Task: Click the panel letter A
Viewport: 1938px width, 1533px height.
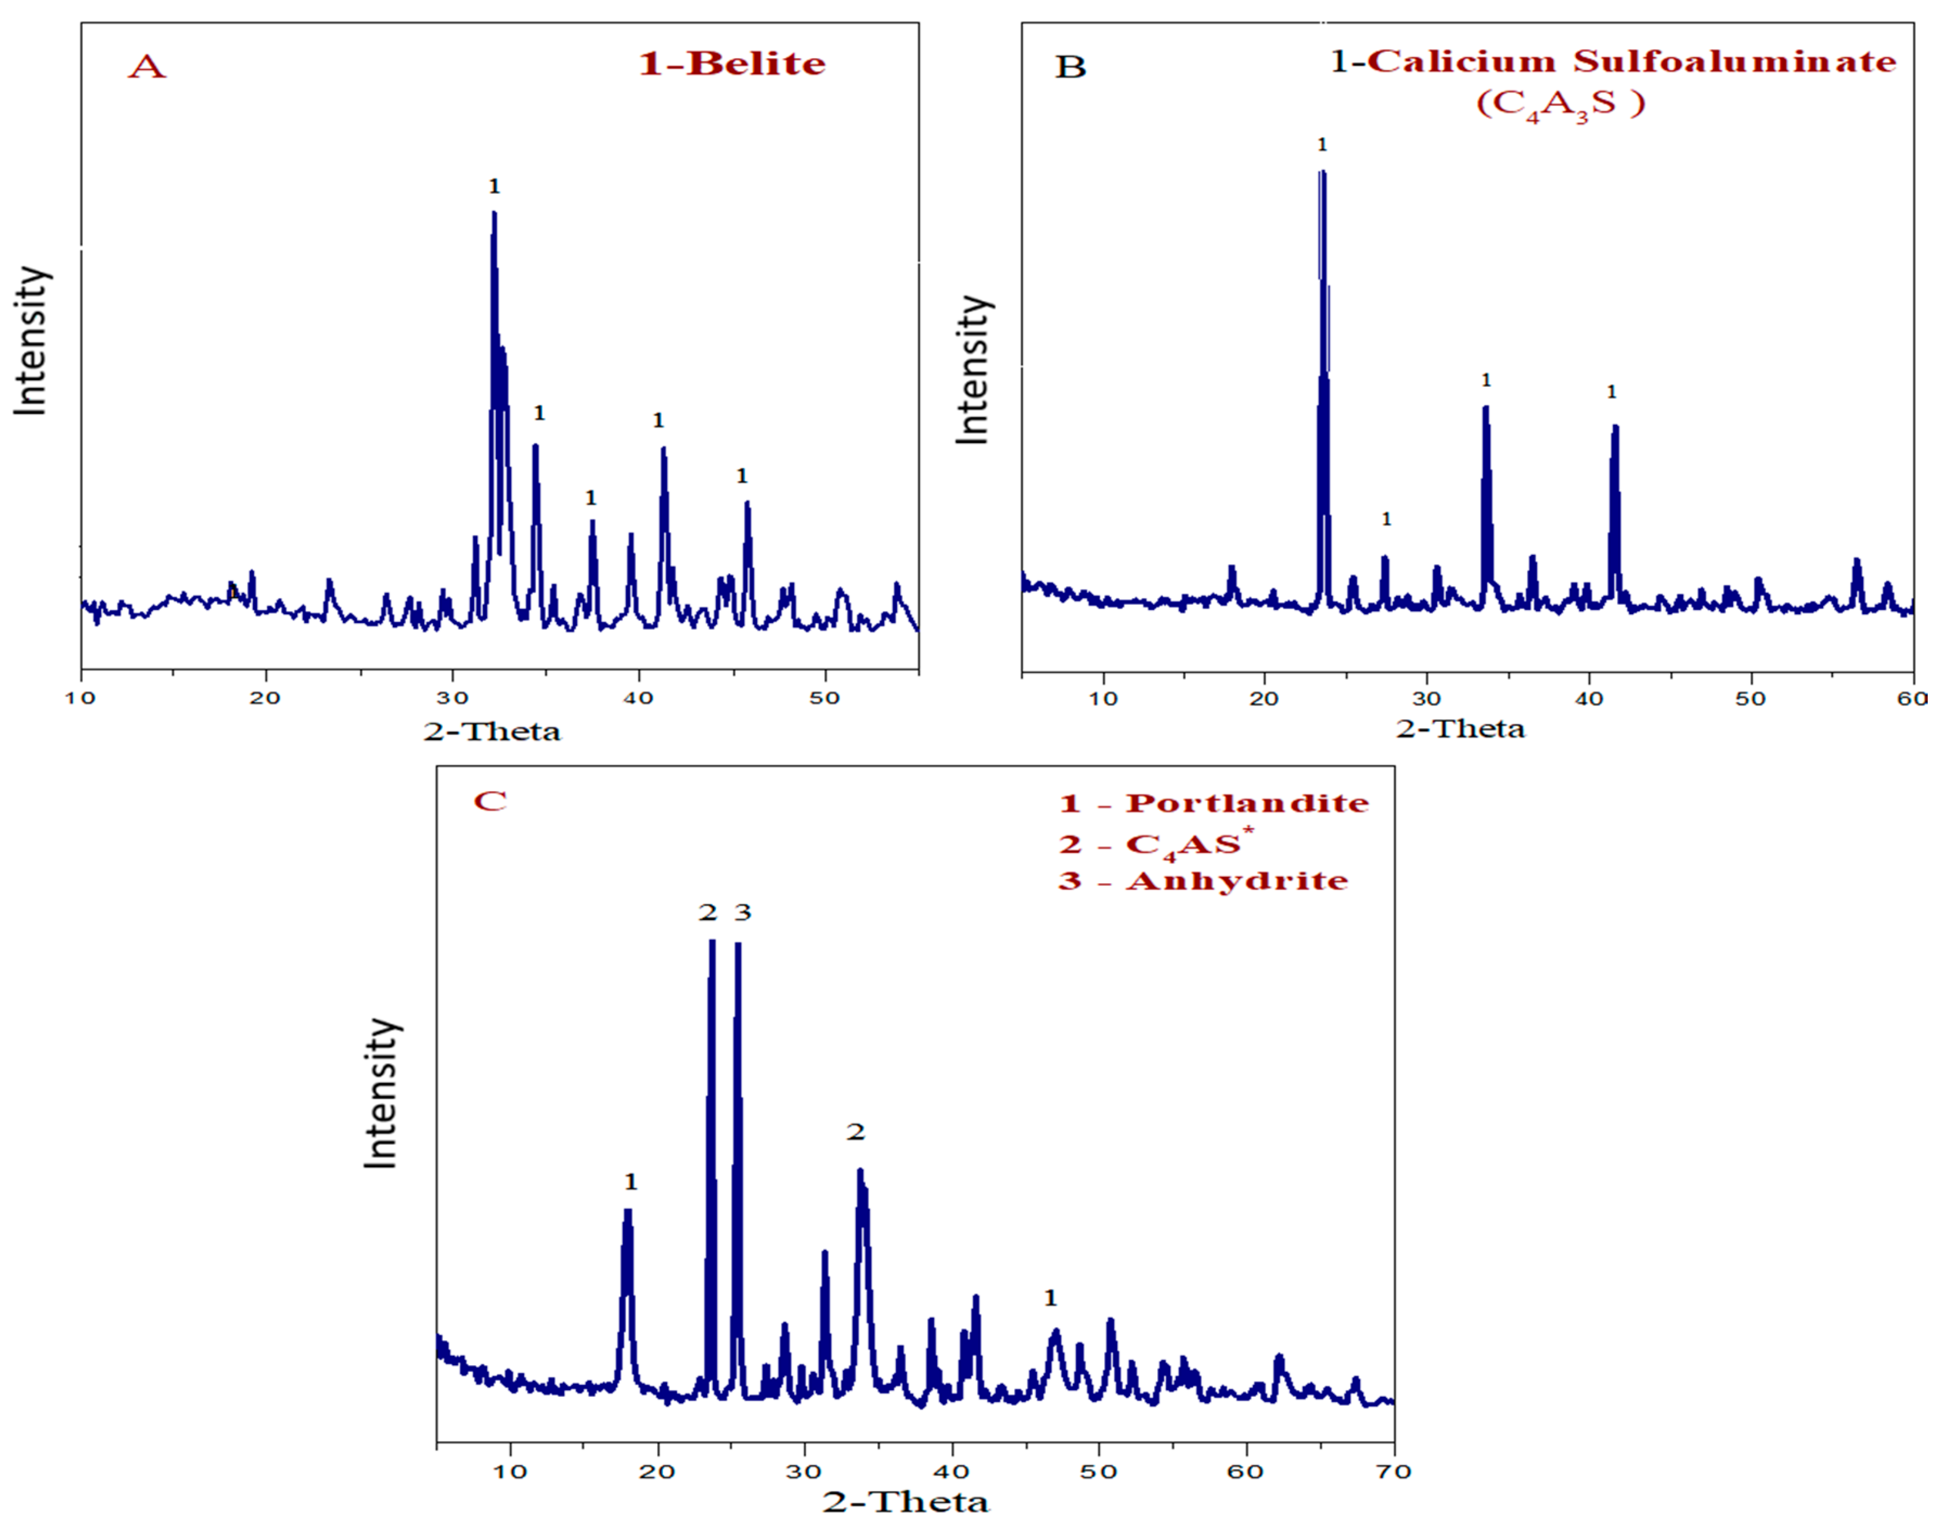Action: pos(146,67)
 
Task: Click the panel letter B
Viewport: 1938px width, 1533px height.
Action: pos(1070,67)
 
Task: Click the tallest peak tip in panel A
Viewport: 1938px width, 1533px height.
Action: pos(493,214)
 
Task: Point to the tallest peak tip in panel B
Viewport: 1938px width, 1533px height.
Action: pos(1322,172)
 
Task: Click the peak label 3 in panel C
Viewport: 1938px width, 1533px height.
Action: pos(742,913)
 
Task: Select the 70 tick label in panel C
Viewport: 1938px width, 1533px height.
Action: pos(1392,1472)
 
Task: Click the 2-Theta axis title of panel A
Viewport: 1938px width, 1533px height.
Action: pos(492,731)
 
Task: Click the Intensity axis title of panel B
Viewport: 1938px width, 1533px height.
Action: pos(972,369)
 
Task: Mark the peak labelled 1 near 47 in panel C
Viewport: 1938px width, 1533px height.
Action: pos(1056,1332)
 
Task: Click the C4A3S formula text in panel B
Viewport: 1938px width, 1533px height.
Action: pos(1560,103)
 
